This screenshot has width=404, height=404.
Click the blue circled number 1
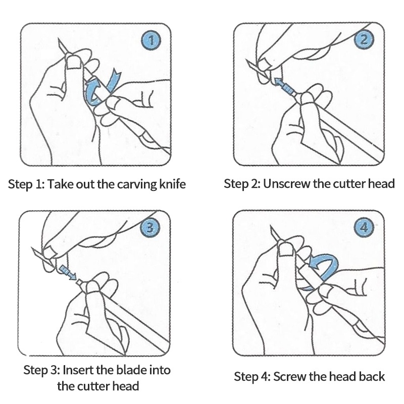151,41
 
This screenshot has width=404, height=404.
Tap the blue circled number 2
364,40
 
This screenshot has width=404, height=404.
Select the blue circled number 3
150,228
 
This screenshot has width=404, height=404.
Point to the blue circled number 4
364,228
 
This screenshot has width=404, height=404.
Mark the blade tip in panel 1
59,39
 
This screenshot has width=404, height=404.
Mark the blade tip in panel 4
271,226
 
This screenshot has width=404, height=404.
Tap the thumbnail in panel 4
286,249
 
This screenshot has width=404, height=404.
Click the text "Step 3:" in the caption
42,370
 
